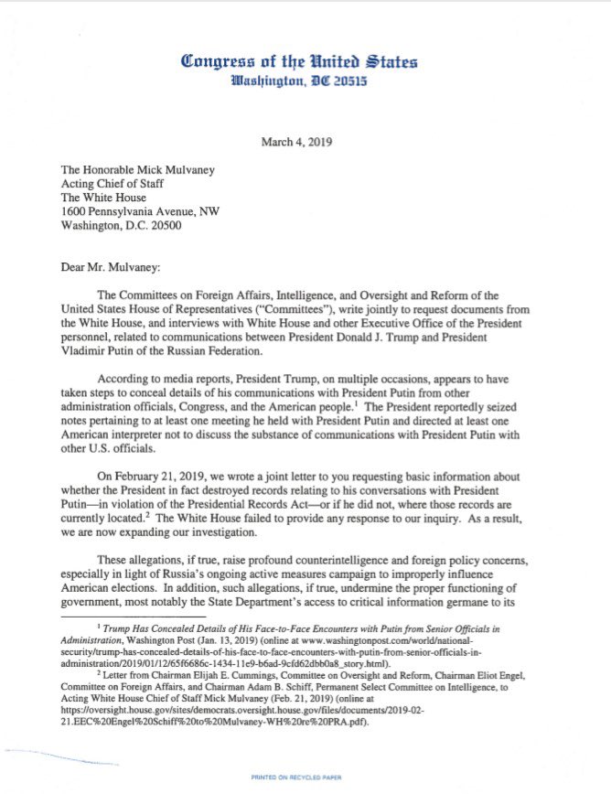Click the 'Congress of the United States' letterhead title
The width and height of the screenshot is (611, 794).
(300, 61)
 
